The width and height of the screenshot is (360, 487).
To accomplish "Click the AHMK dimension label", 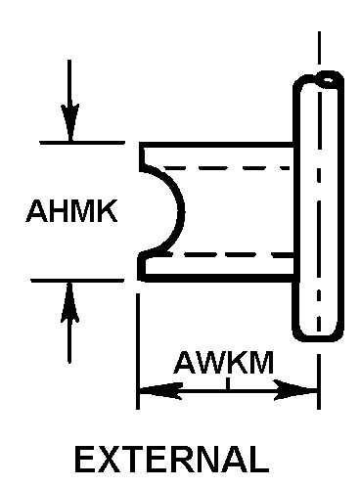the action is point(71,210).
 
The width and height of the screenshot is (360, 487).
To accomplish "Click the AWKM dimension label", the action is point(224,363).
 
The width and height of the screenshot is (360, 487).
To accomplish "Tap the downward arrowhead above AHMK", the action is point(69,122).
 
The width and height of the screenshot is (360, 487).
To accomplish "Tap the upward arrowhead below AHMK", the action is point(69,301).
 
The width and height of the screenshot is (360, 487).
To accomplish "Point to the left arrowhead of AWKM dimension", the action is point(160,389).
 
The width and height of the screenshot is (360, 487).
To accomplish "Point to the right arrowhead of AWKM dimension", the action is point(295,389).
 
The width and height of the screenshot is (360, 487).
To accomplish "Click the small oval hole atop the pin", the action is point(328,79).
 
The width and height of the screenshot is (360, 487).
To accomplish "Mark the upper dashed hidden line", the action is point(226,168).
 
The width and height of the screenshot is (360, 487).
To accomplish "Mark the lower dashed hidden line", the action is point(231,254).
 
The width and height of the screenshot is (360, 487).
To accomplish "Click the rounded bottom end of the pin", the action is point(318,333).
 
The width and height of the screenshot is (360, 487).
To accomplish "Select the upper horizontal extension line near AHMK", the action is point(82,143).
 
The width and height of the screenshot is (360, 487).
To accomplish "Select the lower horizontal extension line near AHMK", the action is point(77,280).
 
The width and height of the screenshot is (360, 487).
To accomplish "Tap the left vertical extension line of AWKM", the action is point(138,351).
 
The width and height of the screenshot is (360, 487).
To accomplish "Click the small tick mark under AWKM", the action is point(228,383).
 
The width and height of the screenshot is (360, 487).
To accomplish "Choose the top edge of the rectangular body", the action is point(216,145).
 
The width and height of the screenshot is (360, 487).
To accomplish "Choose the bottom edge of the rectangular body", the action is point(219,278).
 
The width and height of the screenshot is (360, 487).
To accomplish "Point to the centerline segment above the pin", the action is point(319,48).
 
